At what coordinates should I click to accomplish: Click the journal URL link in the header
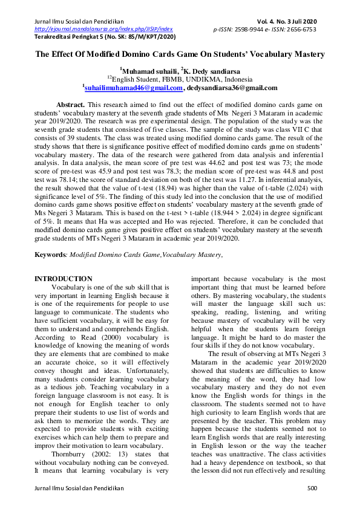(x=103, y=28)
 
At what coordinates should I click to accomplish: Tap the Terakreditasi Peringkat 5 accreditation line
(x=105, y=36)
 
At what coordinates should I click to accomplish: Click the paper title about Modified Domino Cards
(x=180, y=54)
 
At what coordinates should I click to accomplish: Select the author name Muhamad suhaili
(x=149, y=71)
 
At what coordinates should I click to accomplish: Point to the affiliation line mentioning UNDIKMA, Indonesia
(x=180, y=79)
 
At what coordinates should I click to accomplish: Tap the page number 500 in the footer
(x=312, y=487)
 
